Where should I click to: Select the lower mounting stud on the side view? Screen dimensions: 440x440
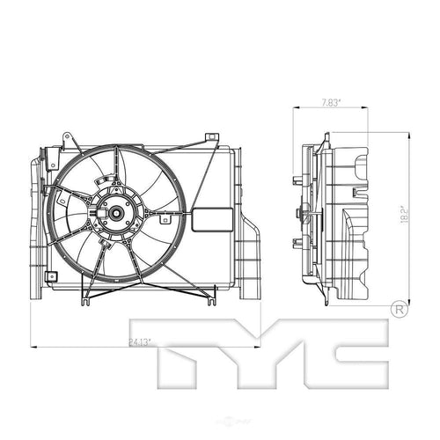click(x=293, y=239)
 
